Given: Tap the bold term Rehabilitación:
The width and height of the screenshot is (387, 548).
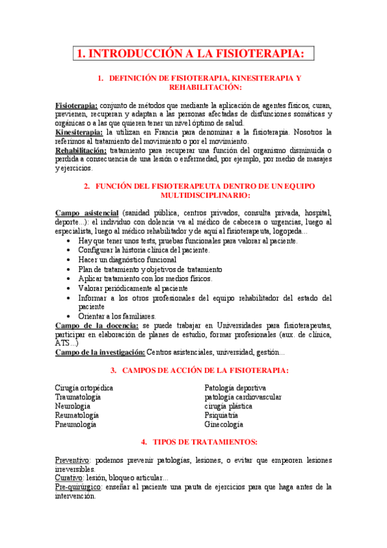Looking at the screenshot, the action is point(81,151).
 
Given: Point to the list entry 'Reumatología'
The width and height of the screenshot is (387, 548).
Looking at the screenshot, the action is point(77,416).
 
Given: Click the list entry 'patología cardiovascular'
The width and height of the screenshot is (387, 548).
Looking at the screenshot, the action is point(242,397).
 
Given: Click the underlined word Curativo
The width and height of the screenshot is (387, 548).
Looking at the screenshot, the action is point(70,478).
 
